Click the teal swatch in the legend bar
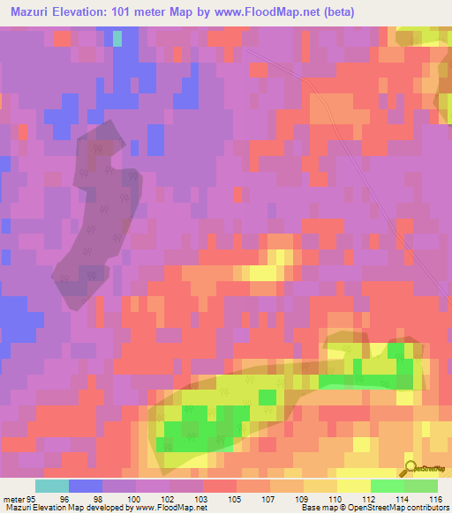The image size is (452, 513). [x=52, y=486]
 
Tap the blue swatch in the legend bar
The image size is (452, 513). [x=86, y=486]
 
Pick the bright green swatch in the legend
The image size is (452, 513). [x=388, y=486]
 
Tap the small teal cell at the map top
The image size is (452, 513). [x=117, y=39]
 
